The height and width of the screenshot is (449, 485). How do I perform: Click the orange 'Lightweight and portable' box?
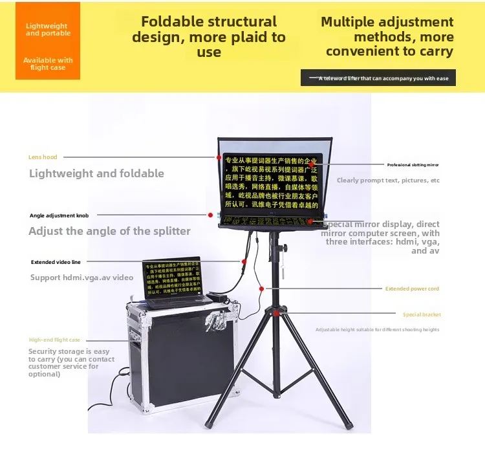pos(48,41)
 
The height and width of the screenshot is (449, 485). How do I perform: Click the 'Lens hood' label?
pos(43,157)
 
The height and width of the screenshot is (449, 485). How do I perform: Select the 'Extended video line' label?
pos(56,262)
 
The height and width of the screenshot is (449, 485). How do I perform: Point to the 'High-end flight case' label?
pos(54,340)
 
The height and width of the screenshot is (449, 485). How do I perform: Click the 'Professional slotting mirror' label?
pos(413,165)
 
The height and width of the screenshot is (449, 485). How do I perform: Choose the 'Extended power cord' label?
pos(412,289)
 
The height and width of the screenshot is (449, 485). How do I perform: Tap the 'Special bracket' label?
pos(422,314)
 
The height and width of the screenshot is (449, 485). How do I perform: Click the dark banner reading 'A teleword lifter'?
pos(378,78)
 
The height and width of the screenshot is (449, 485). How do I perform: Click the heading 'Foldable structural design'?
pos(208,37)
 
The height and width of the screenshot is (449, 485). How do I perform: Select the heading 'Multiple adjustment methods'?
pos(387,37)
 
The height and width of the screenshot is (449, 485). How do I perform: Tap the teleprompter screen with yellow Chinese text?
pos(270,181)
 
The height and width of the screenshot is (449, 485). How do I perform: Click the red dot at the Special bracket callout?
pos(276,314)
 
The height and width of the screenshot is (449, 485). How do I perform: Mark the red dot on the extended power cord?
pos(261,289)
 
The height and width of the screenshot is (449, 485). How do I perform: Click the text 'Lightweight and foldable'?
pos(96,173)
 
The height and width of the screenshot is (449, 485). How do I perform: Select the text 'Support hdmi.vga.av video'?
pos(81,278)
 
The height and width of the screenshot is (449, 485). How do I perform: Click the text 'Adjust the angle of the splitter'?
pos(109,231)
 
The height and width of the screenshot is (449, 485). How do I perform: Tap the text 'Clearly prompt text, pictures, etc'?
pos(388,181)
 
